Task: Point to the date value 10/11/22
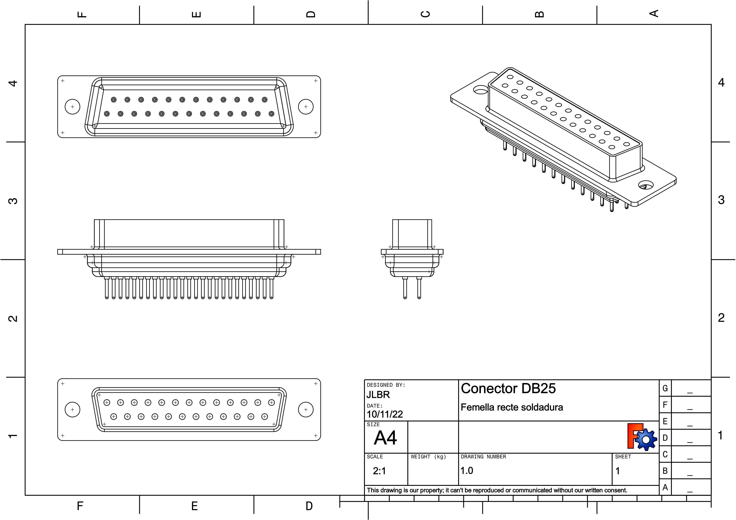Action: point(384,414)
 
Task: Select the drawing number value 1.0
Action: point(467,471)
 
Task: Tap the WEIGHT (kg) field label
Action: point(428,457)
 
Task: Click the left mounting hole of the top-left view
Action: point(72,107)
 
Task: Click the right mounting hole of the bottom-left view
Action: point(305,409)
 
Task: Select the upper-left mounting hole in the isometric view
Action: point(480,90)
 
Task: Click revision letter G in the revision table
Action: point(665,388)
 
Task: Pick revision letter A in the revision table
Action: point(665,487)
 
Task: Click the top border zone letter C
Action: point(425,14)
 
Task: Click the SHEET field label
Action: point(623,457)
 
